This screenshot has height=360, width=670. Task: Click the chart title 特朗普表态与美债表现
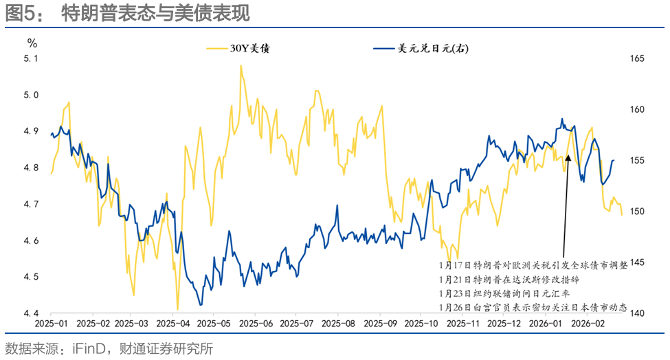click(x=155, y=13)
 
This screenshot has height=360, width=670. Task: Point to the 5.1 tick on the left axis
click(x=31, y=59)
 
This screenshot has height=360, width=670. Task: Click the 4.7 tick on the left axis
click(x=31, y=204)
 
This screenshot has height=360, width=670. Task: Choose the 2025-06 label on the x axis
click(x=256, y=323)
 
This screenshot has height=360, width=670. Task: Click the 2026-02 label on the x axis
click(x=590, y=323)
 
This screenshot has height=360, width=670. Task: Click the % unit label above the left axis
click(x=32, y=43)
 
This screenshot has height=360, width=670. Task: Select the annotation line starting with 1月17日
click(x=533, y=265)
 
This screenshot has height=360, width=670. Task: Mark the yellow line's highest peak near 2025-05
click(x=241, y=66)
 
